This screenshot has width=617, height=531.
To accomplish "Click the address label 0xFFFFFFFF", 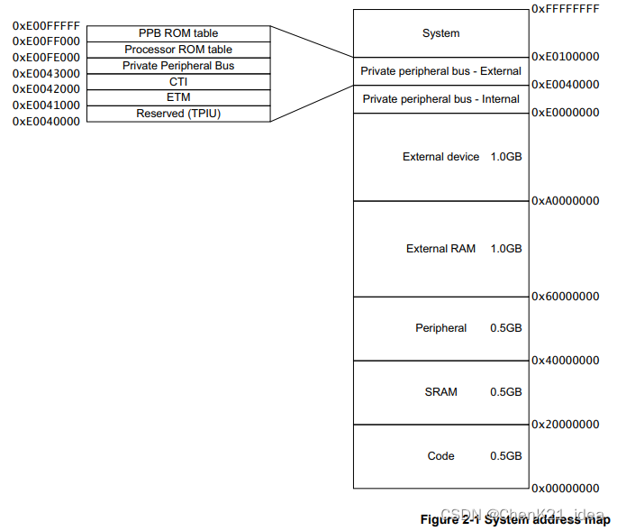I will point(565,8).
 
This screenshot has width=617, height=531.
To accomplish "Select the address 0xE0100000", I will point(565,56).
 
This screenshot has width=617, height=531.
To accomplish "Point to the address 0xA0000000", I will point(565,201).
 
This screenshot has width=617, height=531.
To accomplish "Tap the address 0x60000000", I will point(565,297).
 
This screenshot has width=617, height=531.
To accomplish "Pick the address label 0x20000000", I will point(565,424).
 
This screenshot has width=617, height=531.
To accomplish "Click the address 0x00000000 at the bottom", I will point(565,488).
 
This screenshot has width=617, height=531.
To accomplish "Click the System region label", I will point(440,33).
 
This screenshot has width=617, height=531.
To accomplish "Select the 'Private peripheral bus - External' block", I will point(440,71).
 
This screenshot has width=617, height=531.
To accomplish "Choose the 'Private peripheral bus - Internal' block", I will point(440,98).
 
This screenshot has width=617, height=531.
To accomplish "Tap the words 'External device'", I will point(441,157).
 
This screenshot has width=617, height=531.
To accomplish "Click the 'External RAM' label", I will point(440,249).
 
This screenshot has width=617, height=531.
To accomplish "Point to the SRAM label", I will point(440,392).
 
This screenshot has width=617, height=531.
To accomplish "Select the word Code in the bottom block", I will point(440,456).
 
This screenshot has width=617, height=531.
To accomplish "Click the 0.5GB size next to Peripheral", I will point(505,328).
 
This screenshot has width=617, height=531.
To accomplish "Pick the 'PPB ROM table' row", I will point(178,33).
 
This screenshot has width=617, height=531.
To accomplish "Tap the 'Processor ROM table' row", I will point(178,50).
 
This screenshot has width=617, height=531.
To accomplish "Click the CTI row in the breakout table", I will point(178,82).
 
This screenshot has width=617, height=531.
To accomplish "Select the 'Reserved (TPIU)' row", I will point(178,114).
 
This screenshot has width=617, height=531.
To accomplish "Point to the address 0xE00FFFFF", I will point(46,25).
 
